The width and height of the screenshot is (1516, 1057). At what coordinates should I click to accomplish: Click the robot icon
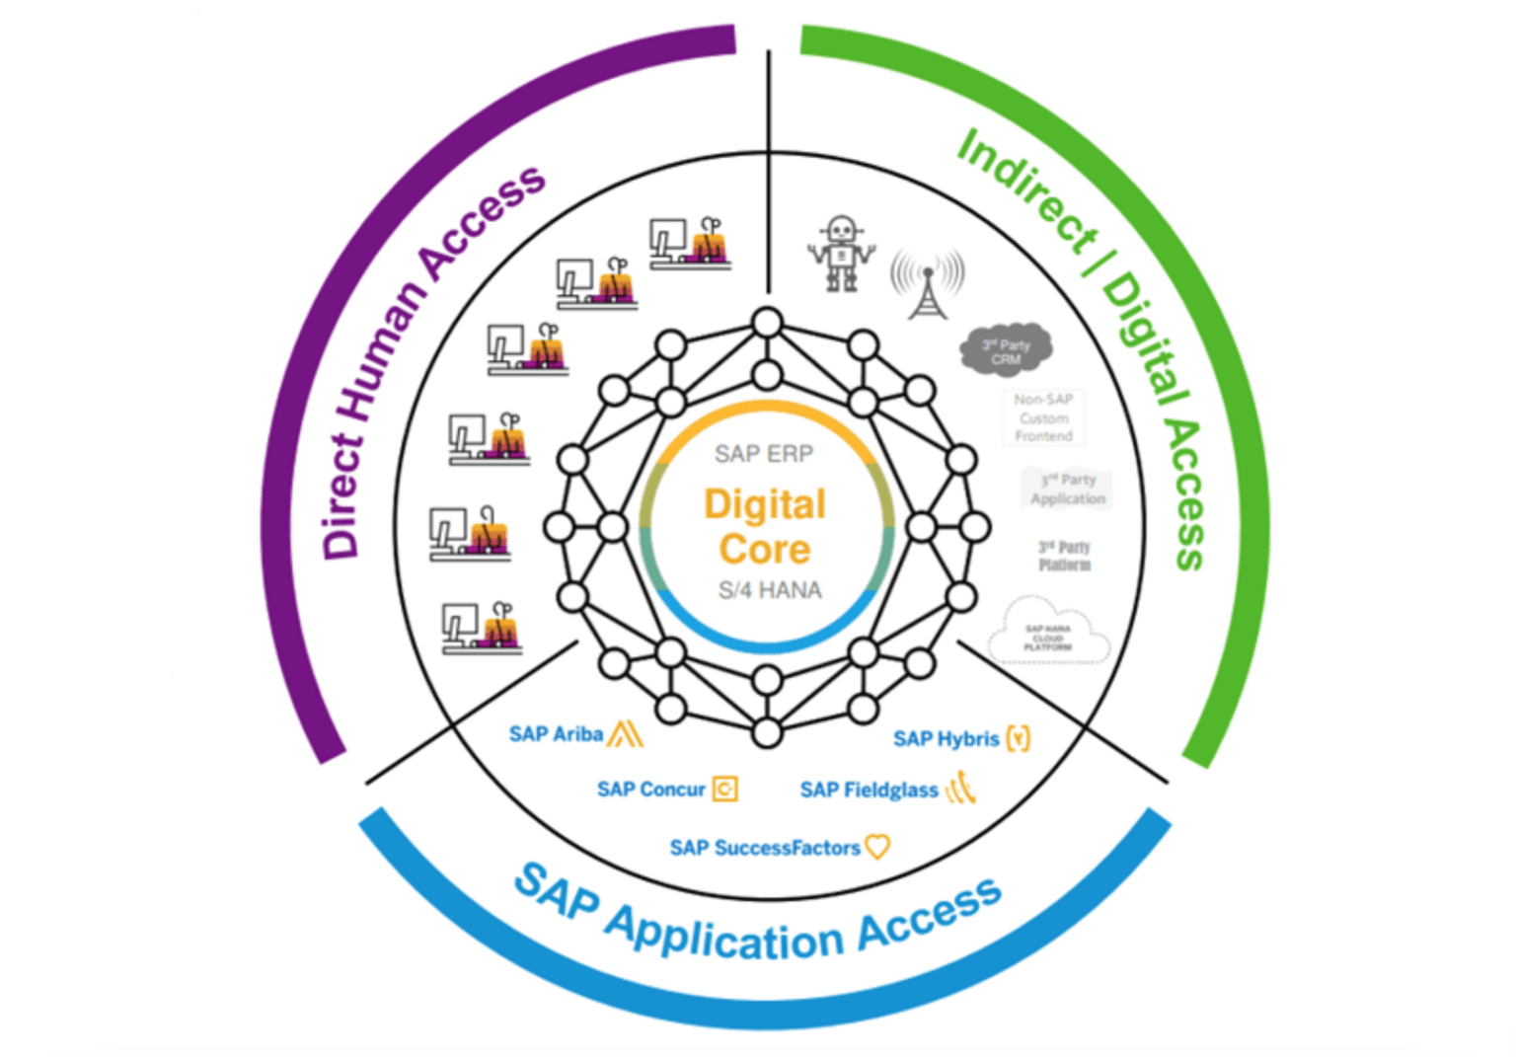pos(840,253)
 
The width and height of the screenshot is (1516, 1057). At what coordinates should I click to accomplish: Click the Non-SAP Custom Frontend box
pos(1043,417)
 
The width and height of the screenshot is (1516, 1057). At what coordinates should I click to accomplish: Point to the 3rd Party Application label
pos(1067,489)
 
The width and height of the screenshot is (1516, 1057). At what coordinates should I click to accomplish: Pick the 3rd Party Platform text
pos(1064,556)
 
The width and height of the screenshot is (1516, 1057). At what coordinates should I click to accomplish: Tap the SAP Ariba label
pos(556,734)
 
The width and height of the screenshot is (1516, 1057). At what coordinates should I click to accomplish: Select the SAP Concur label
pos(650,790)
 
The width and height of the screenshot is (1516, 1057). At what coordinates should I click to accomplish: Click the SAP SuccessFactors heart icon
pos(876,846)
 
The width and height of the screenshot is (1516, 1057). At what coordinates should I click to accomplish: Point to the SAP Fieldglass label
pos(869,791)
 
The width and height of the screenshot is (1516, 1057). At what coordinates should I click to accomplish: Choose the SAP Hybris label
pos(946,739)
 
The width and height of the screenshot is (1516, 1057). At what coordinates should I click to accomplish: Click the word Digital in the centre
pos(765,504)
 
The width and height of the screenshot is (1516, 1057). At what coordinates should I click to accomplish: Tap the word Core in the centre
pos(765,549)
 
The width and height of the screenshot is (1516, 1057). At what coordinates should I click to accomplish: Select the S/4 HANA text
pos(770,590)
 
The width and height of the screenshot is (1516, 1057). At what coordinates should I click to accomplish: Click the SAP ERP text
pos(764,454)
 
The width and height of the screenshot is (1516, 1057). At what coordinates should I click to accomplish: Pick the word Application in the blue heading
pos(724,934)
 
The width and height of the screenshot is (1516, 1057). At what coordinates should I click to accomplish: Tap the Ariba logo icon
pos(626,733)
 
